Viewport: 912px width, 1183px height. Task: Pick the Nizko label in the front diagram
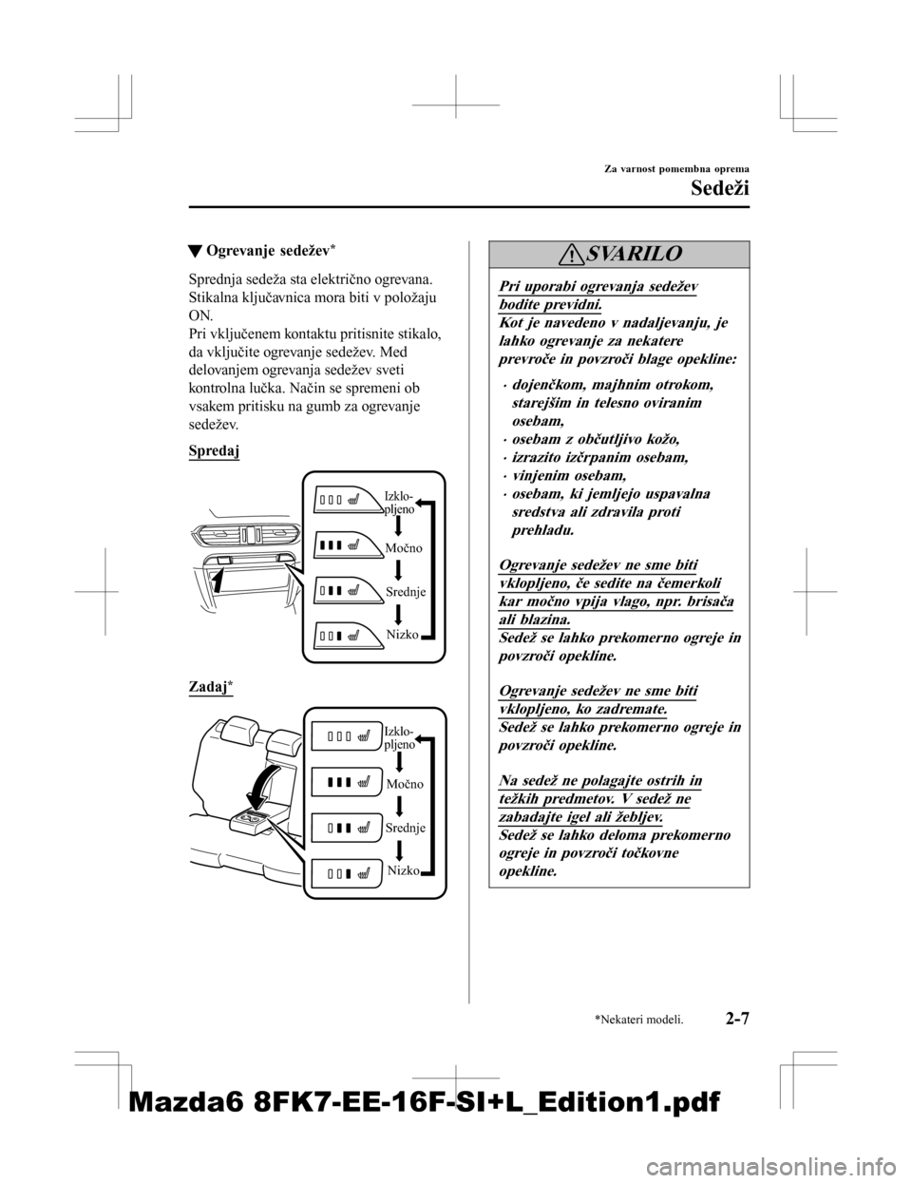point(402,633)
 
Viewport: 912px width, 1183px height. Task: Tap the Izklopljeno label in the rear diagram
point(399,738)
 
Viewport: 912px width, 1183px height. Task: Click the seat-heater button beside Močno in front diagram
point(338,546)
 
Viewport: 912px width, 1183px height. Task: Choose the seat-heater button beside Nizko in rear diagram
point(339,872)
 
